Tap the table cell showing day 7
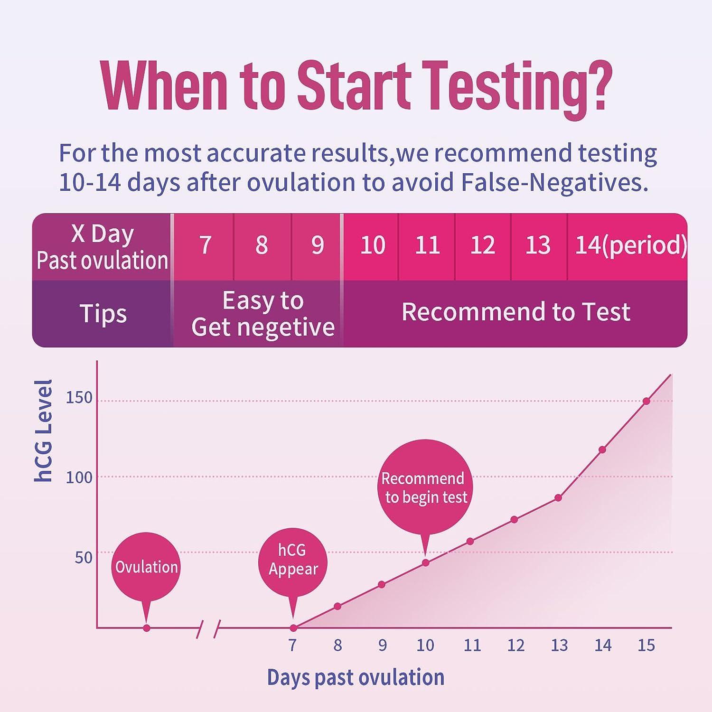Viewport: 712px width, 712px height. click(x=205, y=245)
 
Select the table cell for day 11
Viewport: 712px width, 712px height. click(x=427, y=245)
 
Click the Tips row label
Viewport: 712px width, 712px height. click(x=103, y=314)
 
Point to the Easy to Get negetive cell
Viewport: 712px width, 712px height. click(x=262, y=314)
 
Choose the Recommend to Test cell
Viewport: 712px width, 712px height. click(x=515, y=312)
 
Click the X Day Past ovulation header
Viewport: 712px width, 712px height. click(x=103, y=247)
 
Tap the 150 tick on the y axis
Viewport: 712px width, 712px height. click(x=79, y=398)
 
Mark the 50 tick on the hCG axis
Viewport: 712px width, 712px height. click(x=84, y=557)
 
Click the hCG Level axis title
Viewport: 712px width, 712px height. click(x=44, y=431)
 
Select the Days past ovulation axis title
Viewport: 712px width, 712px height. click(x=356, y=677)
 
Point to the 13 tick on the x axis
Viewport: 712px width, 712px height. click(x=559, y=646)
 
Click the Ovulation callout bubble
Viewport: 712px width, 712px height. click(x=146, y=567)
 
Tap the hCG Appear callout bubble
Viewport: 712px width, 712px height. click(x=293, y=560)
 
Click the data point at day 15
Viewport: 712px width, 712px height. click(x=646, y=401)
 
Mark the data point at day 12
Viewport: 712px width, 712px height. click(x=514, y=520)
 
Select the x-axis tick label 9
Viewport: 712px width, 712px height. click(x=383, y=646)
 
